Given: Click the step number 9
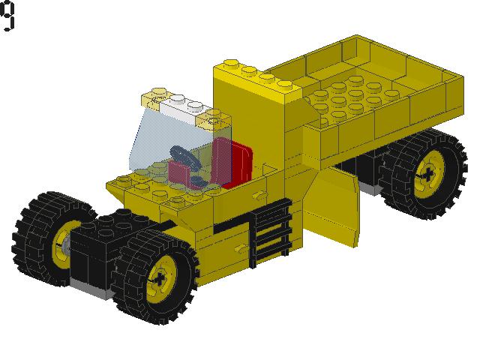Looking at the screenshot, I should point(8,16).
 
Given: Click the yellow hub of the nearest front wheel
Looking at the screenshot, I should point(162,277).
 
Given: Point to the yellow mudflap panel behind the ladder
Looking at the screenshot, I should point(330,202).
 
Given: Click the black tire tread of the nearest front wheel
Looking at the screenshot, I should point(191,296).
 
